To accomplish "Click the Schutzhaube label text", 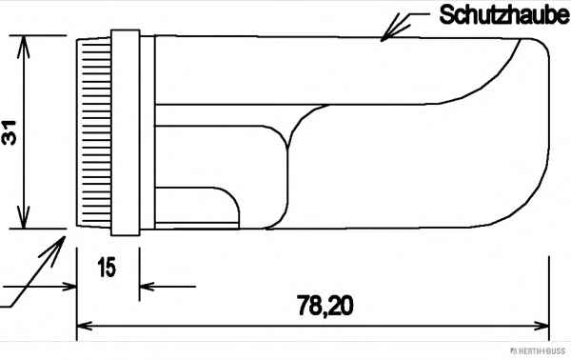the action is pyautogui.click(x=504, y=15).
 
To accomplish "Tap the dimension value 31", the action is pyautogui.click(x=10, y=132).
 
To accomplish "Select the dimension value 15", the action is pyautogui.click(x=107, y=267).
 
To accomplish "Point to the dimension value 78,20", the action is pyautogui.click(x=325, y=306).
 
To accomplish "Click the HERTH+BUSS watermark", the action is pyautogui.click(x=538, y=350).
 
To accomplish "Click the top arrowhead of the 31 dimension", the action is pyautogui.click(x=23, y=47).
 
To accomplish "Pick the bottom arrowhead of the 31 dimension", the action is pyautogui.click(x=23, y=217).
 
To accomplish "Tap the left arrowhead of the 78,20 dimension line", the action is pyautogui.click(x=86, y=326).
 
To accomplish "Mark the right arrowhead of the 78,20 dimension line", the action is pyautogui.click(x=541, y=326).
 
